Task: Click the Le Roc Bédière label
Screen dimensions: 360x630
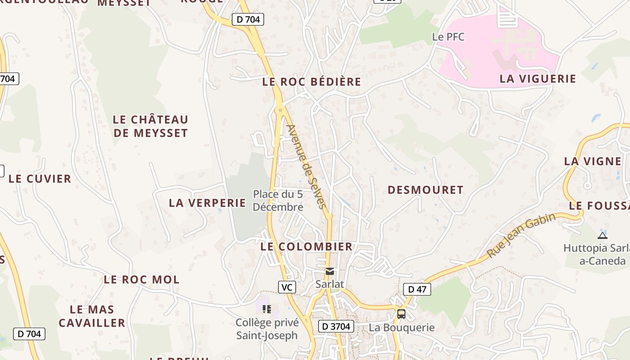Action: (311, 81)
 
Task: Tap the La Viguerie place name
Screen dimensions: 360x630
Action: (537, 79)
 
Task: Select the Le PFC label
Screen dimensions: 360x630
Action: (448, 37)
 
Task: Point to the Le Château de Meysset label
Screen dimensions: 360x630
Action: (150, 126)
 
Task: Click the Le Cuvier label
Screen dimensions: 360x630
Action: (40, 179)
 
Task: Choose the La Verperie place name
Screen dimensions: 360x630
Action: (207, 203)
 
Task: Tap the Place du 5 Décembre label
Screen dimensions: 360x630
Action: (278, 201)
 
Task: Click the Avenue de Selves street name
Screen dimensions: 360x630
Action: (306, 166)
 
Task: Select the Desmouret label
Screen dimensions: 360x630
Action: (425, 190)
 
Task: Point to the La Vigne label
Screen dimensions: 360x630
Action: (592, 161)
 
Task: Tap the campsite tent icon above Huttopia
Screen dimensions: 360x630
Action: (602, 235)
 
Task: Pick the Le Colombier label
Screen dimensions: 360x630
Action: (306, 247)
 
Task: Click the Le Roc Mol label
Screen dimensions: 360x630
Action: (141, 279)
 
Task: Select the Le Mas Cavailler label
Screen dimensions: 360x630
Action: (92, 316)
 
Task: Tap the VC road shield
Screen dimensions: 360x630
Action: (287, 287)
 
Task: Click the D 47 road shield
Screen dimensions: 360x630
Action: (417, 289)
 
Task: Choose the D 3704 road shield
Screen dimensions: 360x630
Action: (336, 326)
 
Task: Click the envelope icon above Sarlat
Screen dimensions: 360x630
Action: (330, 271)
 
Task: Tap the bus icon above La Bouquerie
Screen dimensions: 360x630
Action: (401, 314)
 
